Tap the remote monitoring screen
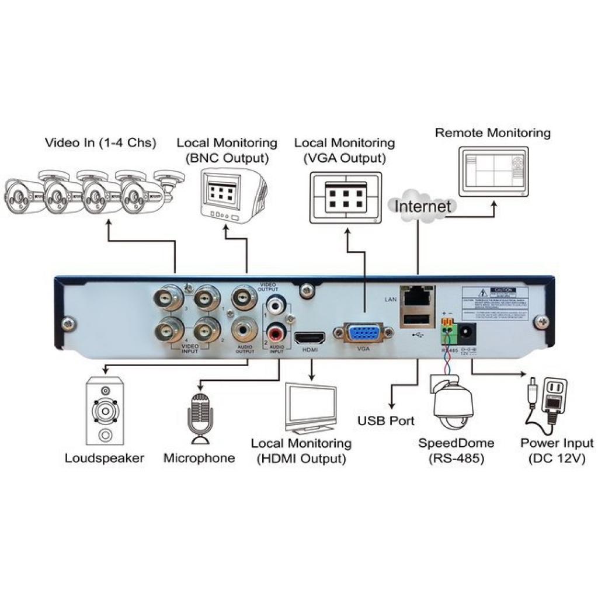point(494,170)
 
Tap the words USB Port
point(385,420)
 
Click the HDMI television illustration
point(310,408)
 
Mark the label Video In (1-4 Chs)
point(101,142)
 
